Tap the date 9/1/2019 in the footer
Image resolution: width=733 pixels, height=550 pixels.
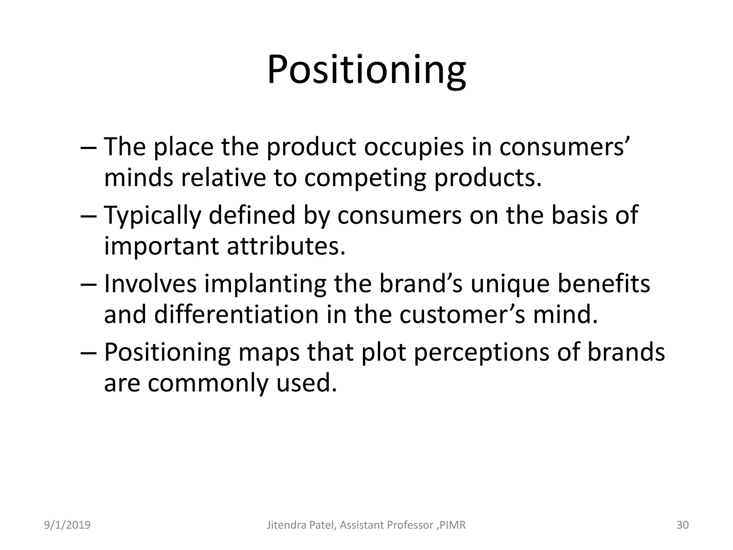(x=67, y=525)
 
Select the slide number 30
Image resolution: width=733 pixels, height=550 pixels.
(x=683, y=525)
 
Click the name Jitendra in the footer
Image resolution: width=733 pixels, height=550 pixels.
(x=284, y=525)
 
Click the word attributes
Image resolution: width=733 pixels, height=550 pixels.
(x=286, y=246)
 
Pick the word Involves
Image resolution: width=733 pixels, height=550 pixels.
(x=150, y=284)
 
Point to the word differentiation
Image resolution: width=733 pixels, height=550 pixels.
(x=236, y=314)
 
